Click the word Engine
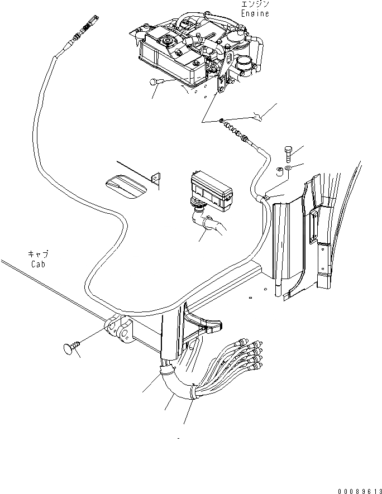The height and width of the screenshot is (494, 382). pyautogui.click(x=255, y=13)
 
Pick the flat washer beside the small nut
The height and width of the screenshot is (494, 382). pyautogui.click(x=286, y=169)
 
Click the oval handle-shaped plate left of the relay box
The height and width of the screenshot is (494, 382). pyautogui.click(x=127, y=186)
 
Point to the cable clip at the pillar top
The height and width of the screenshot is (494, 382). pyautogui.click(x=264, y=196)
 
